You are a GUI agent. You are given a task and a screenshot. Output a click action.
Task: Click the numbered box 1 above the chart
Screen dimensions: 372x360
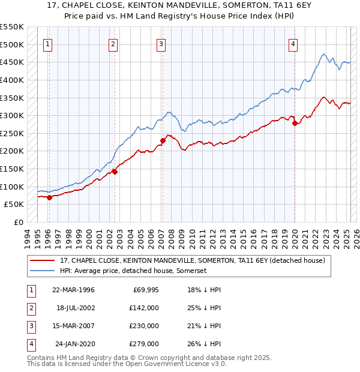47,43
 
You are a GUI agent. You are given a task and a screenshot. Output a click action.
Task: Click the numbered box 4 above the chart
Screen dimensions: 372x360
293,43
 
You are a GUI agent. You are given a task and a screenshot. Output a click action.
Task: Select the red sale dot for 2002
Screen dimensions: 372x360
114,172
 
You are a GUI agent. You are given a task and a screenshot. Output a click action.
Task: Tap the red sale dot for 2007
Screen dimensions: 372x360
162,140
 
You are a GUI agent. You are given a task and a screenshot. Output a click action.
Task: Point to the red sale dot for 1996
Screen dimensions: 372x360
49,197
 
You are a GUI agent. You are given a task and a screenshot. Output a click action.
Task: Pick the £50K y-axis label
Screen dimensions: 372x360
14,205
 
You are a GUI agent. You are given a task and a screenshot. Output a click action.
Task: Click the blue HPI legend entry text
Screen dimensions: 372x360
133,271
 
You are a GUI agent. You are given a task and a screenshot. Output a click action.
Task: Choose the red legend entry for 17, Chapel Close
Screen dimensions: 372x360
192,260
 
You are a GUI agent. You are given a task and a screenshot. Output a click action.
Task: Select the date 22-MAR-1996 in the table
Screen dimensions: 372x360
73,290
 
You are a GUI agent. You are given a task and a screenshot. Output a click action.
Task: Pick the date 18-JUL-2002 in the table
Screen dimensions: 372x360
75,308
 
